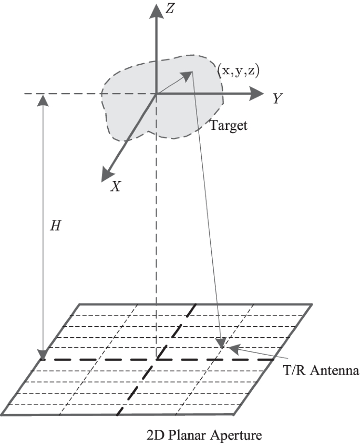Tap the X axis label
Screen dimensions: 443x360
click(116, 186)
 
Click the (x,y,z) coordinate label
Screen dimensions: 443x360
click(239, 71)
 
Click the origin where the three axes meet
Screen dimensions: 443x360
click(156, 95)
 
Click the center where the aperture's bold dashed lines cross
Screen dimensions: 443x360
click(156, 360)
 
